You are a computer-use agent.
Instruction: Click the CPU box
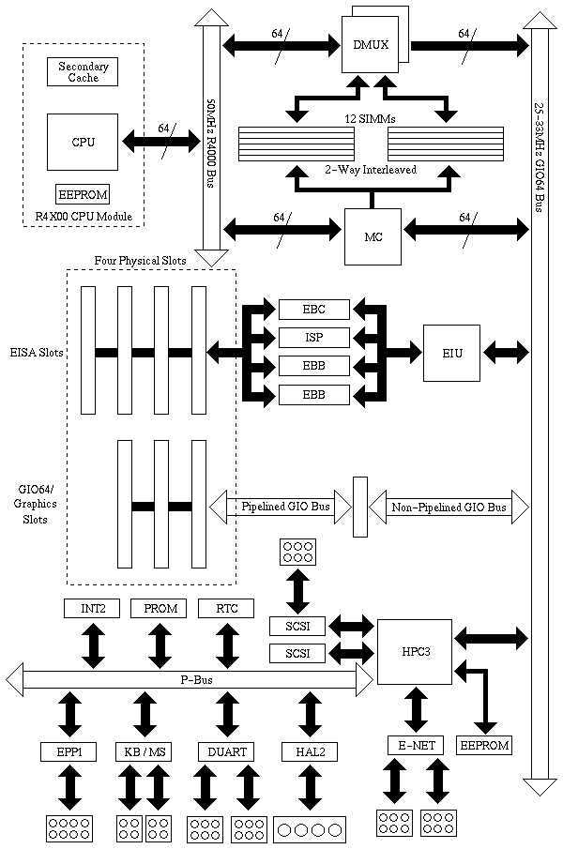click(x=83, y=143)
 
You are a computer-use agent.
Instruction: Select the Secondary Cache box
click(x=83, y=72)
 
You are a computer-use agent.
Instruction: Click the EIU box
click(x=450, y=353)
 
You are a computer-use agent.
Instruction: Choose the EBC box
click(x=314, y=310)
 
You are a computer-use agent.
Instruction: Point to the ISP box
click(x=314, y=338)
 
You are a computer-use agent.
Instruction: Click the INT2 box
click(x=92, y=609)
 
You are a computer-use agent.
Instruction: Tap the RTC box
click(x=226, y=609)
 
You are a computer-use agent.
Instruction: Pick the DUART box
click(x=226, y=751)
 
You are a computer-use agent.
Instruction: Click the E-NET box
click(x=415, y=746)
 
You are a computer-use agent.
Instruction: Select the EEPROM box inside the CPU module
click(x=83, y=195)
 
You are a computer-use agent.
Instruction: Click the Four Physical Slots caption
click(x=140, y=260)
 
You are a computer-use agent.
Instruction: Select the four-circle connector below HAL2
click(x=310, y=829)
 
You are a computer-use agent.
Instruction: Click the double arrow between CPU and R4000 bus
click(x=160, y=143)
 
